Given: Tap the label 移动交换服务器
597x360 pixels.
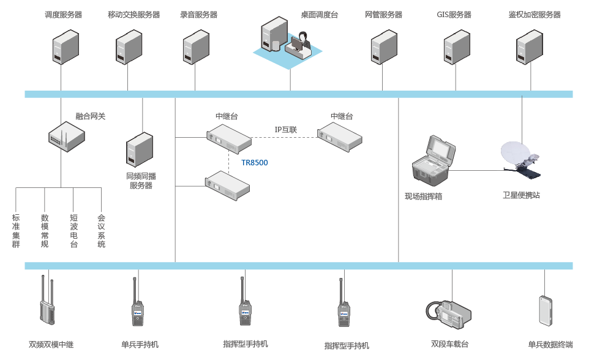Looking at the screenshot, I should point(133,15).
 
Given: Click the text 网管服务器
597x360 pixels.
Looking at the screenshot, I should point(383,15).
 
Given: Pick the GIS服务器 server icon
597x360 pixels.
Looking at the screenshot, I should point(456,47).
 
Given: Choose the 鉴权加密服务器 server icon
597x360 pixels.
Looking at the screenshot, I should point(529,47).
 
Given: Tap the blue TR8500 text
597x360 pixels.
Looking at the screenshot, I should point(255,163).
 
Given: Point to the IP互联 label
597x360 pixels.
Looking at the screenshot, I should point(285,130).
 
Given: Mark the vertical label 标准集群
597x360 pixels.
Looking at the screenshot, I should point(16,231).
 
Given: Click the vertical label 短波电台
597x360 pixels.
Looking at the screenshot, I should point(73,231).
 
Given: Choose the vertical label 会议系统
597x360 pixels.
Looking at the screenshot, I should point(102,231).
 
